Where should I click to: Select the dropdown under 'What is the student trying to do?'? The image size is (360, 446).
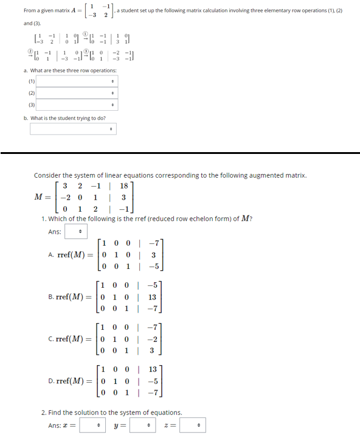pos(73,130)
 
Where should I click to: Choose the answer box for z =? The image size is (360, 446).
pos(195,425)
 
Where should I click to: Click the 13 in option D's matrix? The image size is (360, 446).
pos(153,369)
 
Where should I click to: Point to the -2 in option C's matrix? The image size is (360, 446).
pos(153,339)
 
